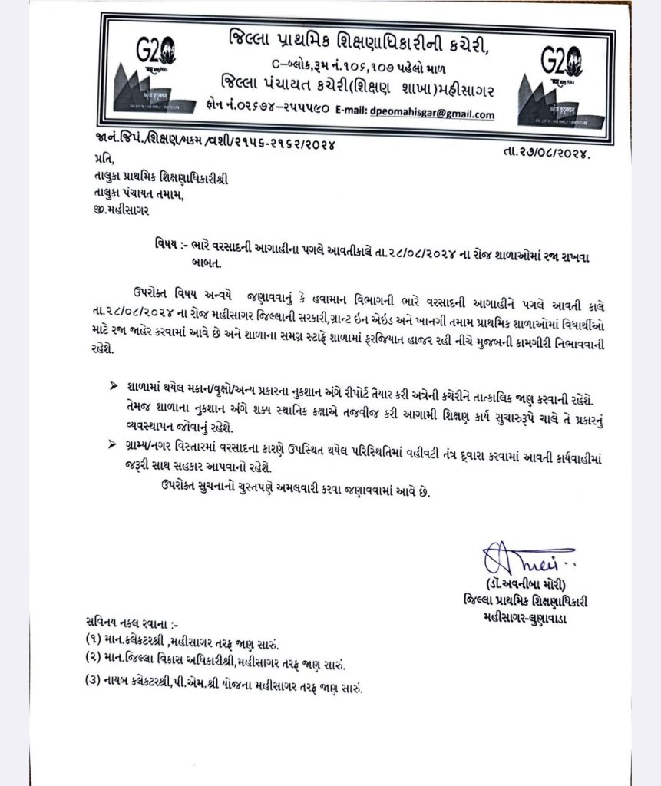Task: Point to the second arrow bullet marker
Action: (115, 444)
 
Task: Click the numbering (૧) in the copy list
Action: (97, 638)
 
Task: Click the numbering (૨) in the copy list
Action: (97, 659)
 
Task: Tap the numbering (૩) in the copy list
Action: (97, 685)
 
